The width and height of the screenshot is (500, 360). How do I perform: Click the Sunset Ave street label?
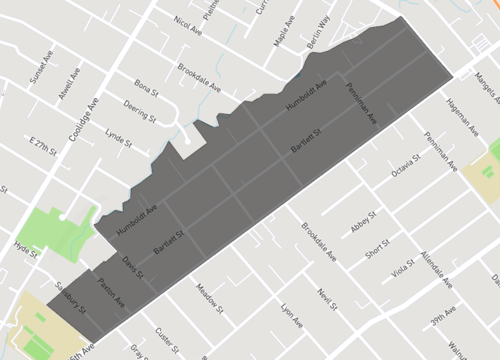tap(46, 72)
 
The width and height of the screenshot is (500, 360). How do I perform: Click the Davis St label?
tap(132, 267)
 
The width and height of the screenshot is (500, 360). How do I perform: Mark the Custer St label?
tap(166, 338)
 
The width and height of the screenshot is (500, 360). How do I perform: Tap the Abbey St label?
tap(362, 222)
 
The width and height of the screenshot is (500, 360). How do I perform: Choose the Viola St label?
tap(402, 269)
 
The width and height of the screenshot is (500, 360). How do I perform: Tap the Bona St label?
tap(147, 89)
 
